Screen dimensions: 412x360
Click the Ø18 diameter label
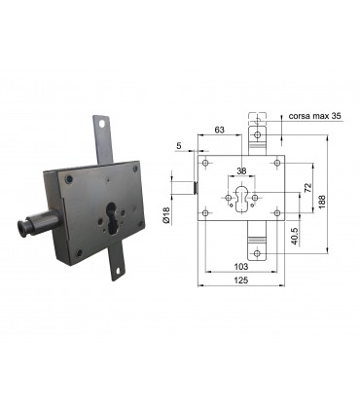tap(166, 215)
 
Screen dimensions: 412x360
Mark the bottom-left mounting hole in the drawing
tap(205, 213)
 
